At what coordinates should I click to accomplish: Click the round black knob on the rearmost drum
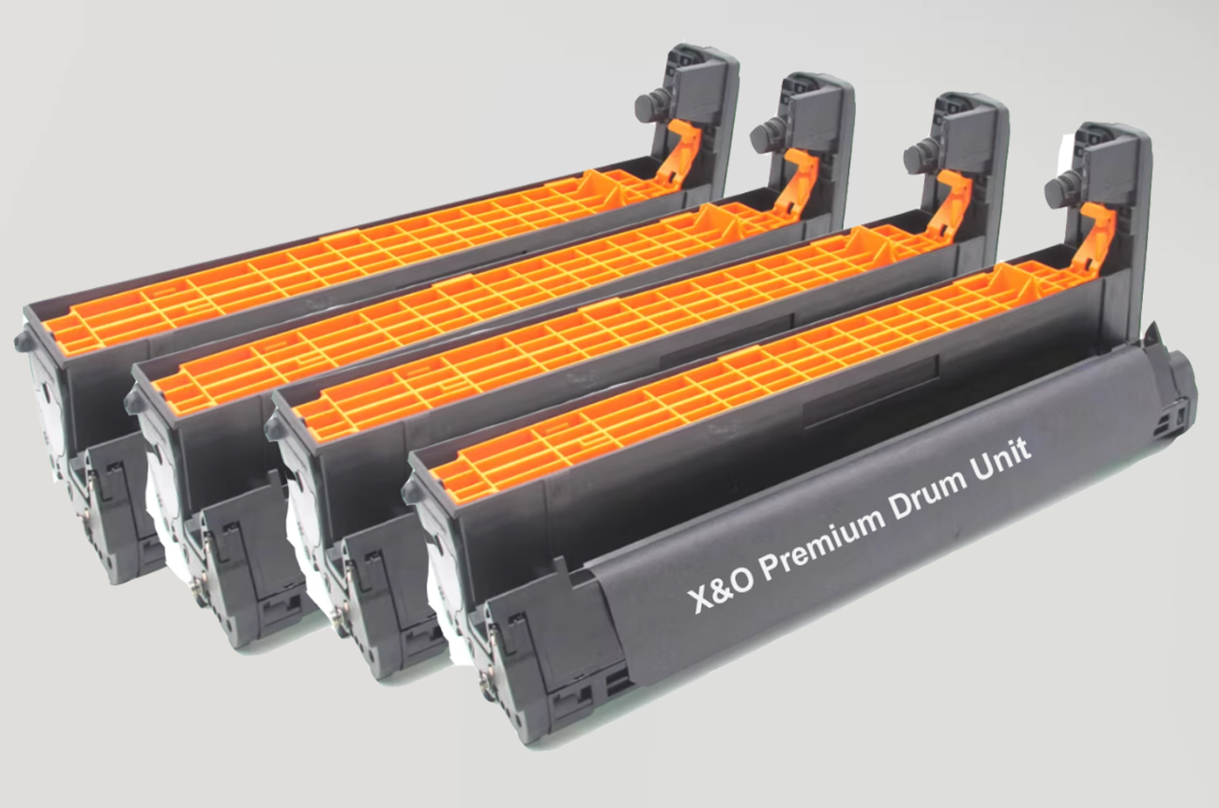pyautogui.click(x=648, y=103)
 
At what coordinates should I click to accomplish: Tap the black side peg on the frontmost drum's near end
pyautogui.click(x=411, y=489)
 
